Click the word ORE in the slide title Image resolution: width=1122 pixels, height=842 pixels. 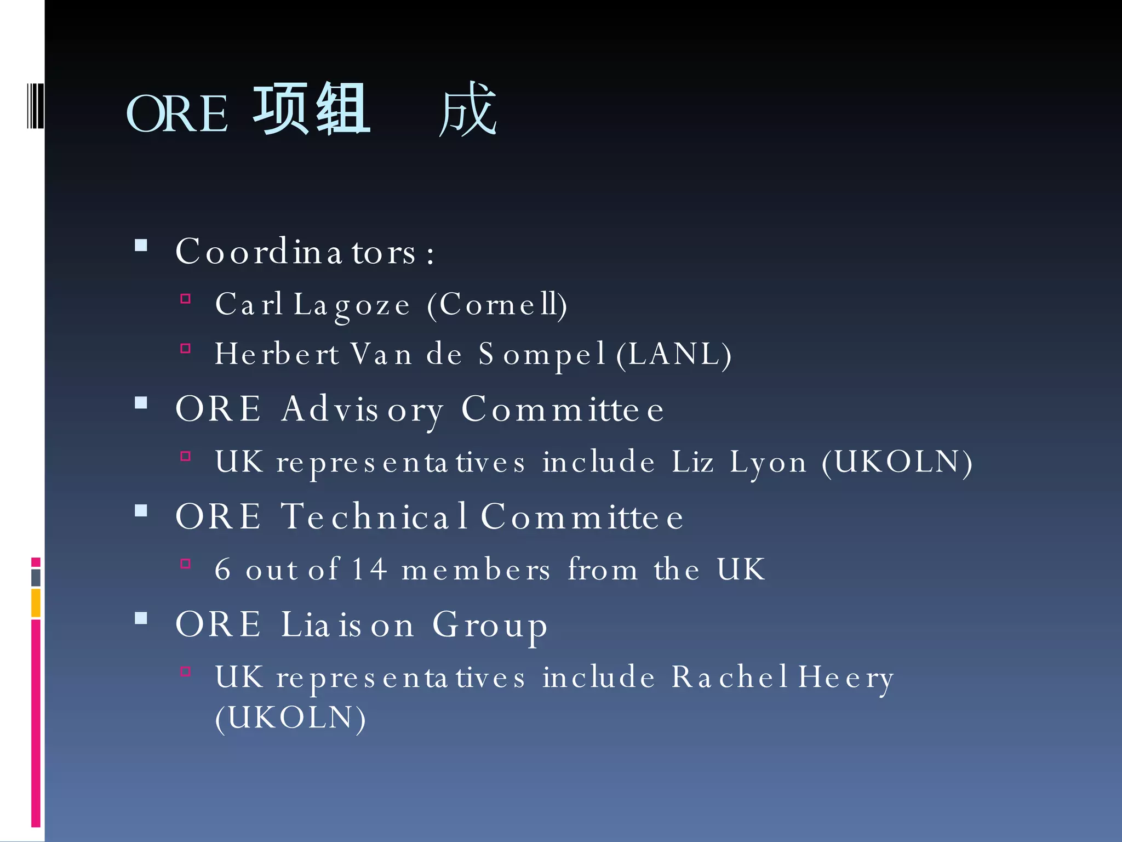(x=177, y=113)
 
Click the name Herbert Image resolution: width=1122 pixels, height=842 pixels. (x=277, y=354)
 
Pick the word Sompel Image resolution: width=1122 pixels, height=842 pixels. (x=541, y=354)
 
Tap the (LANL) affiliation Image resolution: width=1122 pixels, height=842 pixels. (x=674, y=354)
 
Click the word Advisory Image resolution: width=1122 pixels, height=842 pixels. (x=362, y=409)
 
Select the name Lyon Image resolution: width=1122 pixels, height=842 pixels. (x=768, y=462)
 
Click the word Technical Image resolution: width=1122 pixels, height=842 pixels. (x=375, y=516)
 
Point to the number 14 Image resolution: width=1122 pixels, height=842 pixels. (x=369, y=569)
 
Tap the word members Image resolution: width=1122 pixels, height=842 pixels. (x=476, y=569)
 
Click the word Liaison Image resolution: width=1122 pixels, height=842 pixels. (x=347, y=624)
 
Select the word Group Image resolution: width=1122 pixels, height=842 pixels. (x=490, y=624)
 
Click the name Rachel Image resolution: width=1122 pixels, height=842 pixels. (x=729, y=677)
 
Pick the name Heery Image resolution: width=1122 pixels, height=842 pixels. (x=846, y=677)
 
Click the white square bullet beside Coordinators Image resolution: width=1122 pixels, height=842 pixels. (x=141, y=245)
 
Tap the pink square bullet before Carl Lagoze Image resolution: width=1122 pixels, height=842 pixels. (x=186, y=299)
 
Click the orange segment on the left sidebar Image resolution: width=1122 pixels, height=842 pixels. (x=36, y=602)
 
